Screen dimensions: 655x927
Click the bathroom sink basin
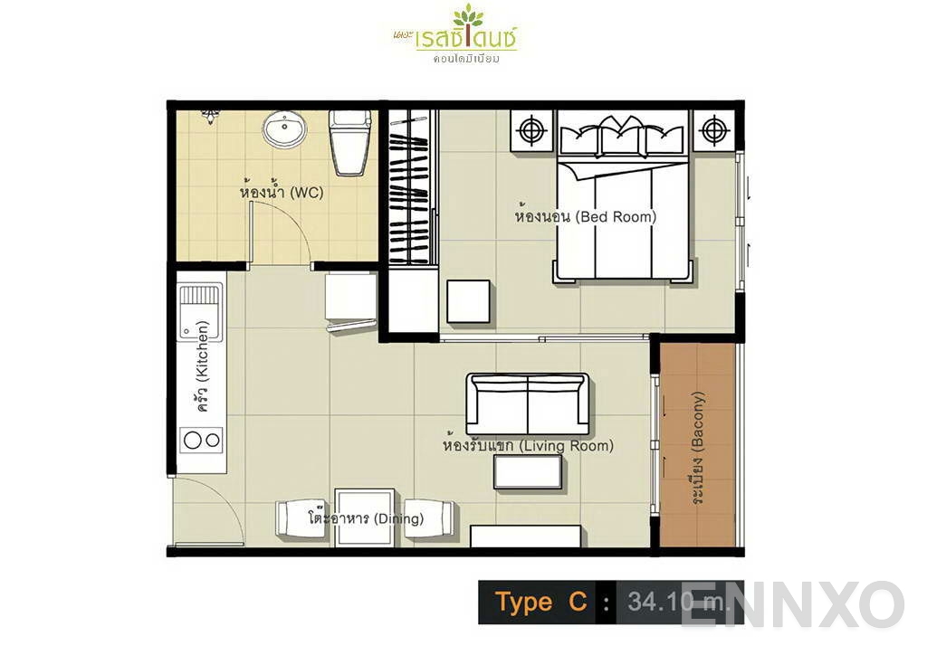[x=284, y=130]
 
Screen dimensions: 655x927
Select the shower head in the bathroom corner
[x=210, y=115]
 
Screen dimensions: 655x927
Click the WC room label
[x=282, y=193]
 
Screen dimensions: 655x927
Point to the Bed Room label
[x=585, y=217]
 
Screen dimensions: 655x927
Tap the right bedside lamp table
[x=714, y=131]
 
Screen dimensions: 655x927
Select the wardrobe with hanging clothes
[x=408, y=187]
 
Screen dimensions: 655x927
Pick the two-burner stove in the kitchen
[x=201, y=441]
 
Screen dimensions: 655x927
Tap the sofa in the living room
[x=528, y=403]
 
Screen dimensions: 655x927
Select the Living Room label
[x=528, y=446]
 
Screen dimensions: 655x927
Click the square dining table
[x=365, y=517]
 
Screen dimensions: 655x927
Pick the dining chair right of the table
[x=428, y=520]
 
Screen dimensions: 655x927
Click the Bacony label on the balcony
[x=698, y=443]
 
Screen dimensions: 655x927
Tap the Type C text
[x=541, y=603]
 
